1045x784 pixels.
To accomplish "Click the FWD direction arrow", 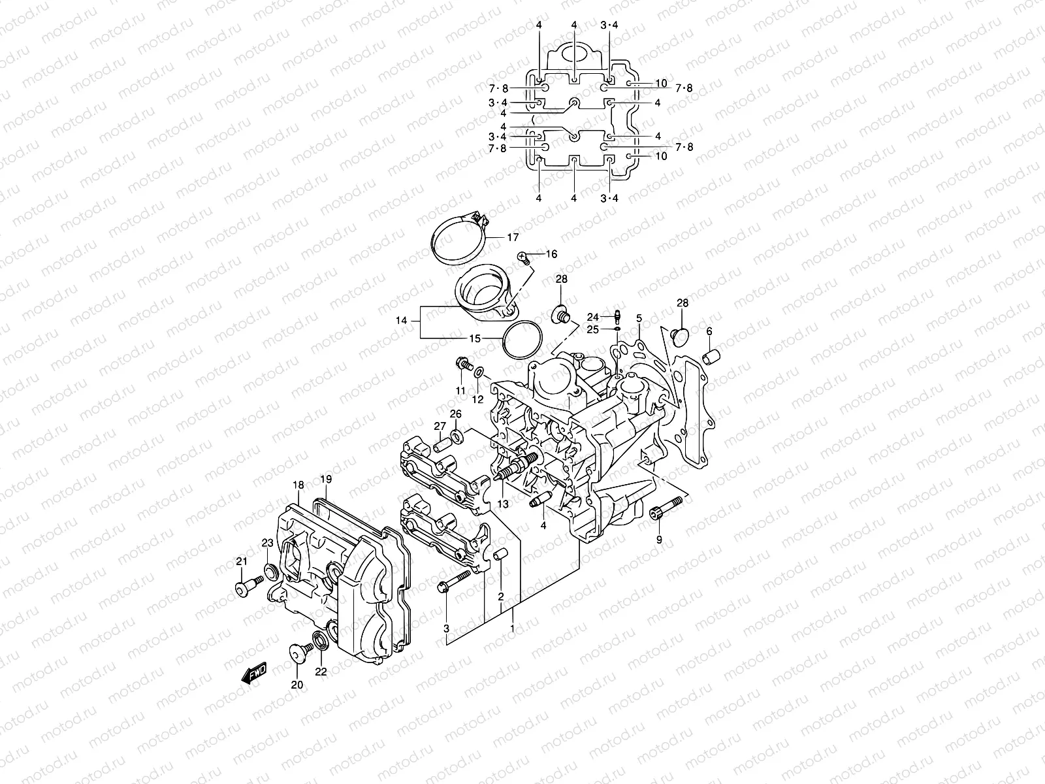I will coord(255,672).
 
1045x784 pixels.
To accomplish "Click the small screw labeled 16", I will coord(522,257).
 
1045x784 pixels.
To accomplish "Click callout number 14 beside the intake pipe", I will coord(401,321).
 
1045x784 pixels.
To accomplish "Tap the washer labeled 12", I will coord(479,372).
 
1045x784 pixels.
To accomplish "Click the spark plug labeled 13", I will coord(519,465).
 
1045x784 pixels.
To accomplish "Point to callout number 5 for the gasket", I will coord(639,318).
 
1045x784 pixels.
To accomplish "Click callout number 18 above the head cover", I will coord(298,485).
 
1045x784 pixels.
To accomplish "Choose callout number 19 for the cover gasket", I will coord(326,480).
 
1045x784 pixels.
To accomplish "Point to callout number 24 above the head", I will coord(592,318).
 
